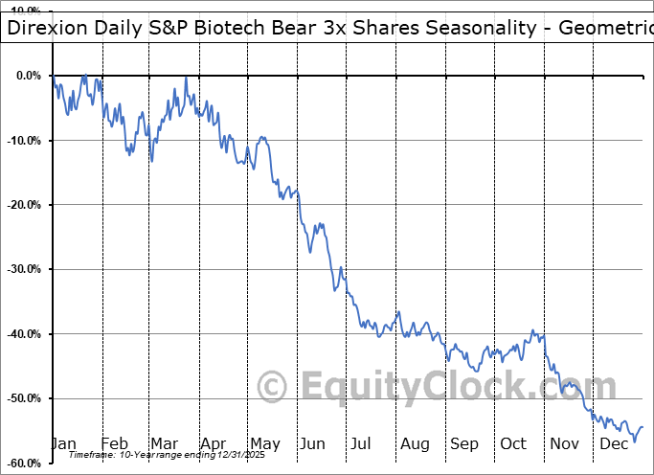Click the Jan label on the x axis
tap(63, 444)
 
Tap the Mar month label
tap(164, 444)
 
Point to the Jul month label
tap(361, 444)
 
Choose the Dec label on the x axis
tap(614, 444)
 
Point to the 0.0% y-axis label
tap(30, 76)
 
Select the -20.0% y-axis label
tap(24, 205)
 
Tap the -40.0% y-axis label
tap(24, 334)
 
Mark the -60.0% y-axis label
tap(24, 464)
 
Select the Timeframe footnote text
tap(156, 457)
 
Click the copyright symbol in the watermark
tap(273, 387)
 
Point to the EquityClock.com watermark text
tap(460, 387)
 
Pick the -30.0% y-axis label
tap(24, 269)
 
